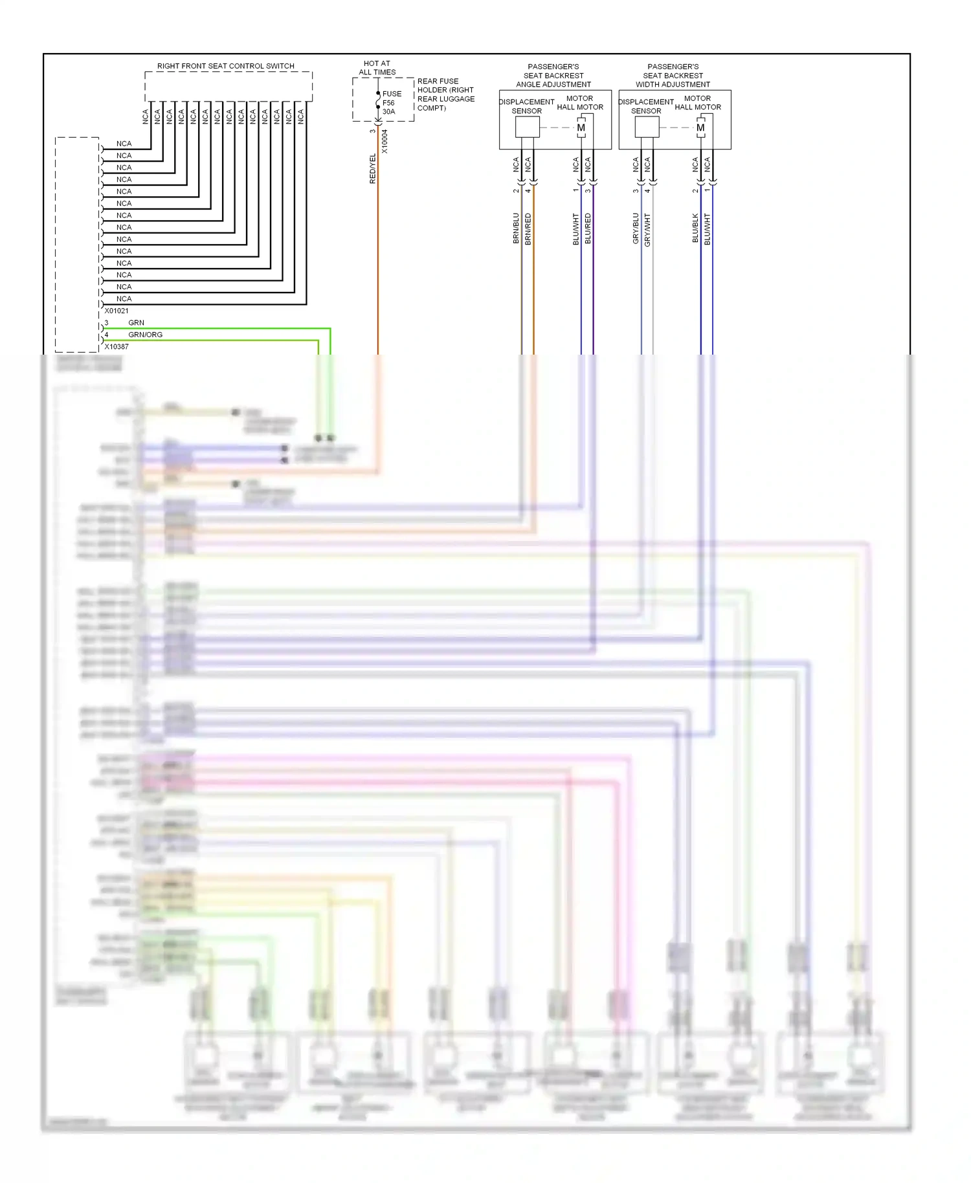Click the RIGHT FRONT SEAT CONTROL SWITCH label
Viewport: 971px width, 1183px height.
pos(225,66)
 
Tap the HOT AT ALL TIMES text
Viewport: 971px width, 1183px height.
pos(377,68)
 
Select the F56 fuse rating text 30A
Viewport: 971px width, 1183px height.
pos(388,112)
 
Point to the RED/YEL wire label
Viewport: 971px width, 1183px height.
pos(373,168)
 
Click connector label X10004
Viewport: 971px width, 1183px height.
pos(385,141)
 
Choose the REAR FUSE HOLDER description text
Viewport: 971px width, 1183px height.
pos(445,94)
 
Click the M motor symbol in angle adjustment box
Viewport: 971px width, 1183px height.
pos(581,127)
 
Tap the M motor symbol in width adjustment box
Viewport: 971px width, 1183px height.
pos(700,127)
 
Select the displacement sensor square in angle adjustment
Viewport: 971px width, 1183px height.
pos(527,127)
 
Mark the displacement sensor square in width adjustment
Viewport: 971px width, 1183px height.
pos(647,127)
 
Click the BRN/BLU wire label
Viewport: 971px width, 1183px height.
pos(516,228)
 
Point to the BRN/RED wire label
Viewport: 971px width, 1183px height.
pos(528,228)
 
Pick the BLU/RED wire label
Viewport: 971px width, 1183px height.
pos(588,228)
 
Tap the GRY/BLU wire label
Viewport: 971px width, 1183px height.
pos(636,228)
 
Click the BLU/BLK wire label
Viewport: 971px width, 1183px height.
pos(695,228)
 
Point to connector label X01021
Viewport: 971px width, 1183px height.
pos(117,311)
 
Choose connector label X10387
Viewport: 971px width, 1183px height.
pos(117,347)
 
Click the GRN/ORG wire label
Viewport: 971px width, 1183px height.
pos(145,335)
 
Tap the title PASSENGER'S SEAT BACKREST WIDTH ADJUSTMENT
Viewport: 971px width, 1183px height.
pos(673,76)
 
